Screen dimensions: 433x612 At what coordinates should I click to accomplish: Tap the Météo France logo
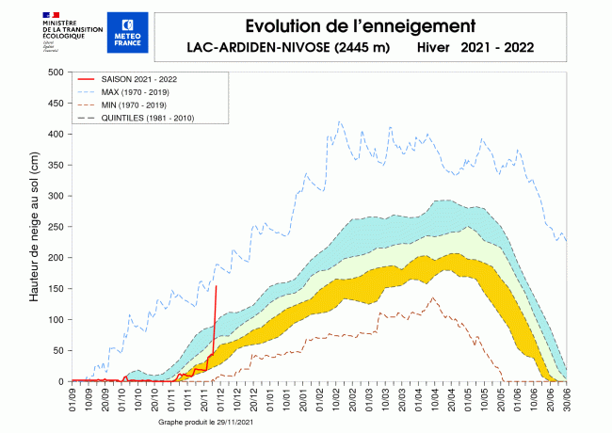pos(127,32)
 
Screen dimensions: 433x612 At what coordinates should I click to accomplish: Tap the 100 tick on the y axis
pos(54,320)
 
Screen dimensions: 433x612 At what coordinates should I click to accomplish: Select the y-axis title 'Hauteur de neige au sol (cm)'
pos(33,228)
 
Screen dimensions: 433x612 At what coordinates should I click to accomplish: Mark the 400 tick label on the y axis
pos(54,135)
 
